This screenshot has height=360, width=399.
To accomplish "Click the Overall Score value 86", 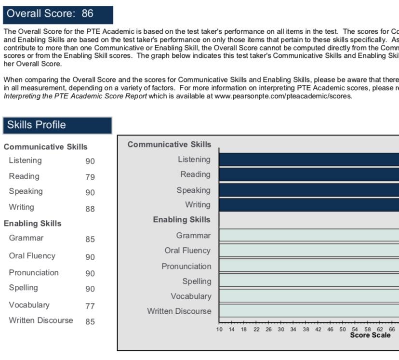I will tap(87, 13).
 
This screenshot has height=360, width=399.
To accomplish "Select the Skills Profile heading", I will tap(36, 125).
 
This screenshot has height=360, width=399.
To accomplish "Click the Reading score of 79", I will tap(90, 177).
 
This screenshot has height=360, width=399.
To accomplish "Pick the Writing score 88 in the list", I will tap(90, 209).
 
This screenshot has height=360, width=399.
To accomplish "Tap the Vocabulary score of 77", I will tap(90, 306).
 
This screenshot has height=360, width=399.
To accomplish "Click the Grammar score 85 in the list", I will tap(90, 239).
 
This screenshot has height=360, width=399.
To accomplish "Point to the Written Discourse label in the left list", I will tap(41, 320).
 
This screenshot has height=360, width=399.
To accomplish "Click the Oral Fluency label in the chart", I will tap(187, 251).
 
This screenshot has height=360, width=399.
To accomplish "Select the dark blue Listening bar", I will tap(308, 160).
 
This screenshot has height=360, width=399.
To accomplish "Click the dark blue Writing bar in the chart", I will tap(308, 205).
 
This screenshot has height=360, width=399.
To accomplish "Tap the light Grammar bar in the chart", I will tap(308, 235).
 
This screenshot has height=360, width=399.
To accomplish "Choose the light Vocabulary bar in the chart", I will tap(308, 296).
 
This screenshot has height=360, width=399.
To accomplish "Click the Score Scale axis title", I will tap(370, 335).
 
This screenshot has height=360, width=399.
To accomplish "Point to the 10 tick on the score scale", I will tap(219, 330).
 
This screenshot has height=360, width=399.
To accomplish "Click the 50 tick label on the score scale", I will tap(343, 330).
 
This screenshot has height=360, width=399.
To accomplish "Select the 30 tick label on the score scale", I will tap(281, 330).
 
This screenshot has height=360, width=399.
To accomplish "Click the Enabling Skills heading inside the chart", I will tap(182, 220).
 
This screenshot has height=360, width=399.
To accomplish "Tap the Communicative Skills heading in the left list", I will tap(46, 147).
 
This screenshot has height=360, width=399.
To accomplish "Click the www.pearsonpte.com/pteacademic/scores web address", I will tap(283, 96).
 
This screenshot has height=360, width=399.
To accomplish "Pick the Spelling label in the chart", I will tap(197, 281).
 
